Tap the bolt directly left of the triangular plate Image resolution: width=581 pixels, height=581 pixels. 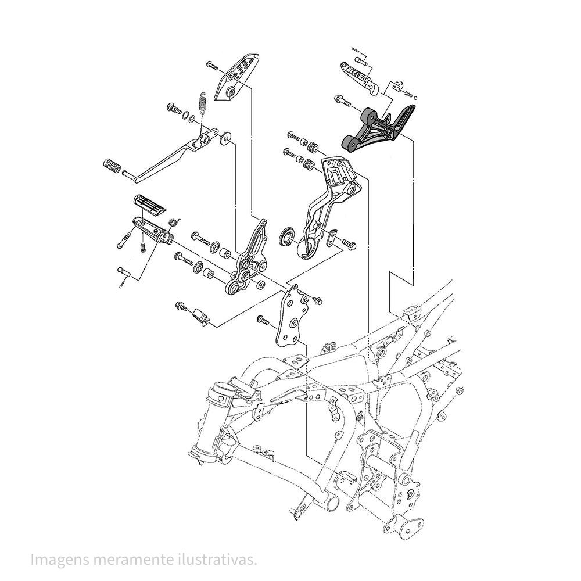pyautogui.click(x=262, y=320)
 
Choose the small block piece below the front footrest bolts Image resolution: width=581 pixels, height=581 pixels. pyautogui.click(x=200, y=316)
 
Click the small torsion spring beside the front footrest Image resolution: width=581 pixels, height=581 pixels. pyautogui.click(x=173, y=221)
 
